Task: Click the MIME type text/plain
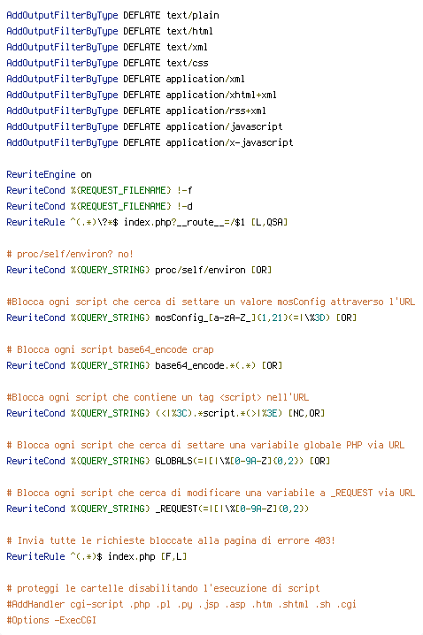[192, 15]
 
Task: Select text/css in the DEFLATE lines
[188, 63]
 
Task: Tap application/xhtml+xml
[221, 96]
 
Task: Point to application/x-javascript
[229, 143]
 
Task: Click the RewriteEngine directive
[41, 174]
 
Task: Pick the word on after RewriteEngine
[87, 175]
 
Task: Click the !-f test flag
[185, 190]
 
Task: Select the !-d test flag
[185, 206]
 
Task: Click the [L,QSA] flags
[269, 222]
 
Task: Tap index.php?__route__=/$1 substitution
[184, 222]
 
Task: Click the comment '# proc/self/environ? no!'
[70, 255]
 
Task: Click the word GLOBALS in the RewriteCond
[173, 462]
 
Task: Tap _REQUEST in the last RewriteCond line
[176, 509]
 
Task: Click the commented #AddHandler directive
[35, 605]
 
